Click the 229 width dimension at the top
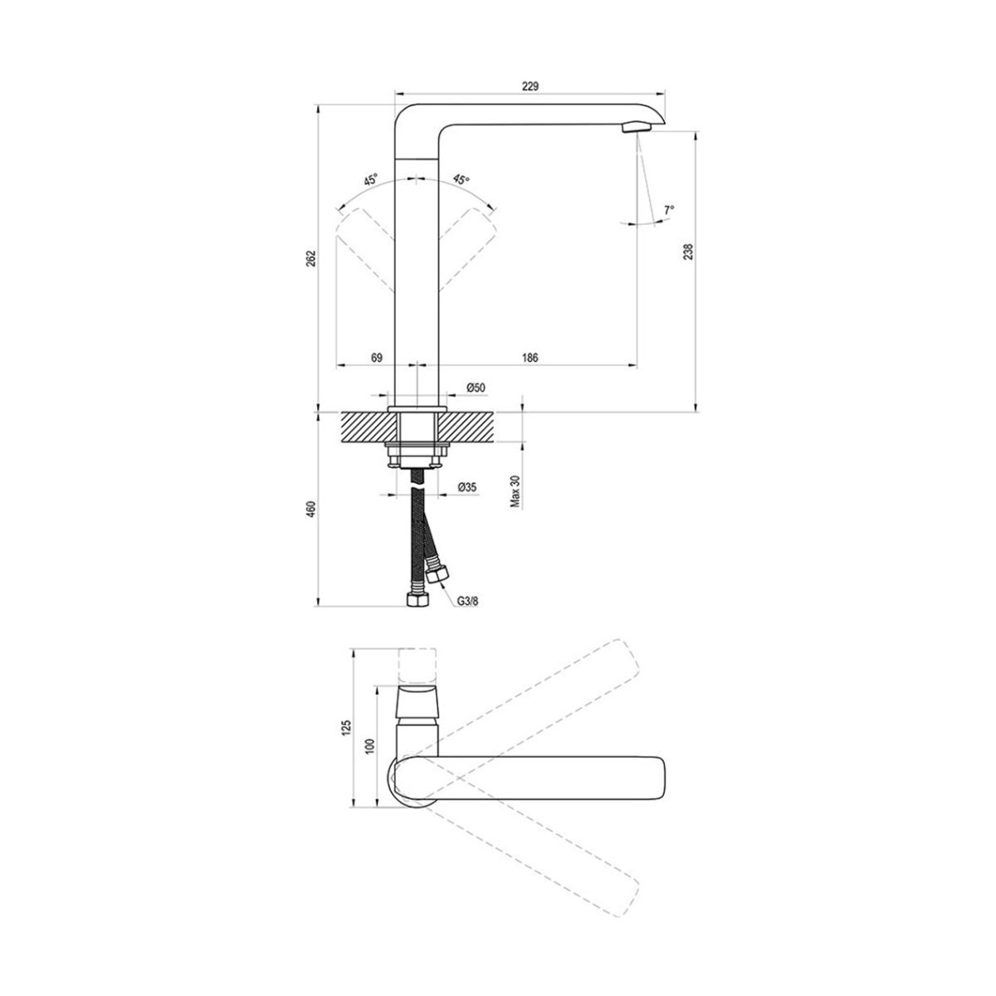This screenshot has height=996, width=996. click(530, 86)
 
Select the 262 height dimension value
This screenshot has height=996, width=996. click(310, 258)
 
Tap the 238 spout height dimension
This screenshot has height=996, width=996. click(688, 251)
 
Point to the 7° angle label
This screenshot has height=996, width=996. click(669, 210)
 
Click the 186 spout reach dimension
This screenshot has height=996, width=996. click(530, 357)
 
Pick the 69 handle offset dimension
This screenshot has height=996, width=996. click(377, 357)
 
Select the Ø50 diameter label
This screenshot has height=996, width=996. click(476, 388)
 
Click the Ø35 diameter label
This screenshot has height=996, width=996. click(467, 486)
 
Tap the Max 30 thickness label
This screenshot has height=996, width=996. click(515, 491)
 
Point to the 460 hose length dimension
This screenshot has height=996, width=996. click(310, 509)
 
